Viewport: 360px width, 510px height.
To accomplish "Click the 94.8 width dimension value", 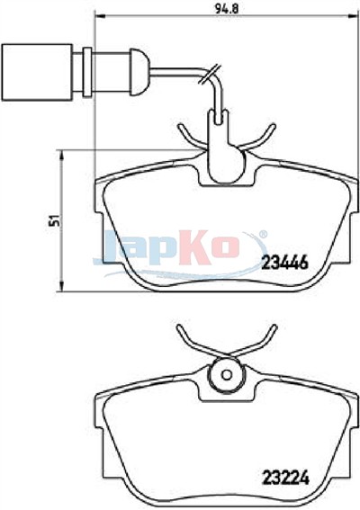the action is pos(226,8).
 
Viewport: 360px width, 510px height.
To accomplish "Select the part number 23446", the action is pos(284,262).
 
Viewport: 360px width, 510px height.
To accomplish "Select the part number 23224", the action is pos(285,478).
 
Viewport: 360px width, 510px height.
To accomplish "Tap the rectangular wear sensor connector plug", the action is pos(37,72).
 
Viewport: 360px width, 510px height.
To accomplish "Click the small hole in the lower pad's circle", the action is pos(225,375).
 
